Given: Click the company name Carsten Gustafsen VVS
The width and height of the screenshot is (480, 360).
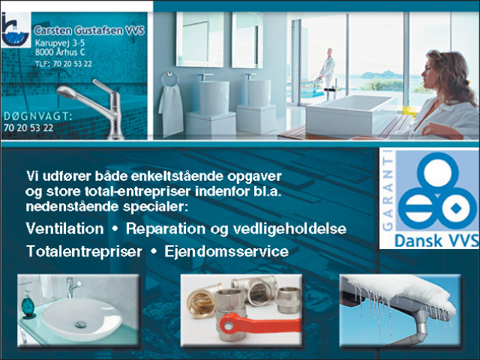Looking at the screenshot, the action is [89, 31].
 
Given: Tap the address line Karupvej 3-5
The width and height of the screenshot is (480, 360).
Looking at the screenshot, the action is [60, 43].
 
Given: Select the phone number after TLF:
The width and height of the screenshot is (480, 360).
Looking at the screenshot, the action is [72, 64].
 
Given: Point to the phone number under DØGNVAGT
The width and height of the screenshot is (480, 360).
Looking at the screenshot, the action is [28, 127].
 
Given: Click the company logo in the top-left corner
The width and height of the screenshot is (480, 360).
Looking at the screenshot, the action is [16, 30].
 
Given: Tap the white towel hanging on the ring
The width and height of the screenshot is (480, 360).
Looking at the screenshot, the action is [170, 110].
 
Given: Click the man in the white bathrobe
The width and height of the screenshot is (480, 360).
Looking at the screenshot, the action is [327, 68].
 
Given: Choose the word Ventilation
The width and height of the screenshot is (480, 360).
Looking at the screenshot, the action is [65, 229].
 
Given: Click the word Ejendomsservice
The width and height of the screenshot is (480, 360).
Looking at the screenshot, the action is [226, 251].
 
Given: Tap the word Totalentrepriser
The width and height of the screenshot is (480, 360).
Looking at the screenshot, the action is [84, 252].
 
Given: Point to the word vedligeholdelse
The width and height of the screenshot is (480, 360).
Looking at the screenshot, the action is [290, 229].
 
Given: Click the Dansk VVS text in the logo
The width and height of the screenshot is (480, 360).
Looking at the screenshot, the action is [436, 241].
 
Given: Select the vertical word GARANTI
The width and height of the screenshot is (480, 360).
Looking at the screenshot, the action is [388, 190].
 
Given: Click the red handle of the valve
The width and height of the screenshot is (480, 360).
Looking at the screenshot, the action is [259, 325].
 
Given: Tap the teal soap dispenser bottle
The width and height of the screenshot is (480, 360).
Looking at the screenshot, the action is [28, 304].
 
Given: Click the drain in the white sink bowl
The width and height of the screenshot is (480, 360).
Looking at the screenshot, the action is [81, 324].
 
